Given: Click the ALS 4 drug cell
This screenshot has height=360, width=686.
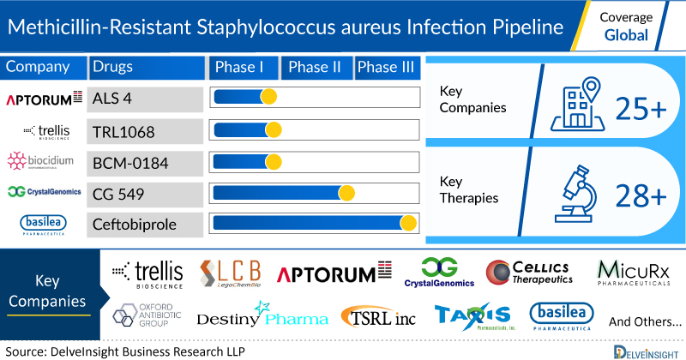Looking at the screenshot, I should pyautogui.click(x=141, y=99).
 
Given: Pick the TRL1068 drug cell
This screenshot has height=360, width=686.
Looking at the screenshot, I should pyautogui.click(x=141, y=130).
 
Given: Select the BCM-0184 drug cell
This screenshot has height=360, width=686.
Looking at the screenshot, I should pyautogui.click(x=141, y=161).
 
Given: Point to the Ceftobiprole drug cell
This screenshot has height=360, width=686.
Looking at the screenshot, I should pyautogui.click(x=141, y=225).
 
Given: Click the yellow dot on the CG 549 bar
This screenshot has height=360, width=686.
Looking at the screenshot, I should pyautogui.click(x=346, y=192).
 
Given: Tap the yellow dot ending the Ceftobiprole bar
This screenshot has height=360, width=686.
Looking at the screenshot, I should pyautogui.click(x=408, y=224).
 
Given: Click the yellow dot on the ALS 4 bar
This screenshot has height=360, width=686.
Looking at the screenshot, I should pyautogui.click(x=268, y=97).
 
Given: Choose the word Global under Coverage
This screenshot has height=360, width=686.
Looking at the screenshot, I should pyautogui.click(x=627, y=37).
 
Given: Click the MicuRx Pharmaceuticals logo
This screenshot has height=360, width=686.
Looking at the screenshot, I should pyautogui.click(x=633, y=273).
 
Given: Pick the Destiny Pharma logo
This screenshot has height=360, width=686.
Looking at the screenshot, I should pyautogui.click(x=262, y=316).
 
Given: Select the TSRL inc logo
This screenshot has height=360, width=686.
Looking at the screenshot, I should pyautogui.click(x=378, y=316).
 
